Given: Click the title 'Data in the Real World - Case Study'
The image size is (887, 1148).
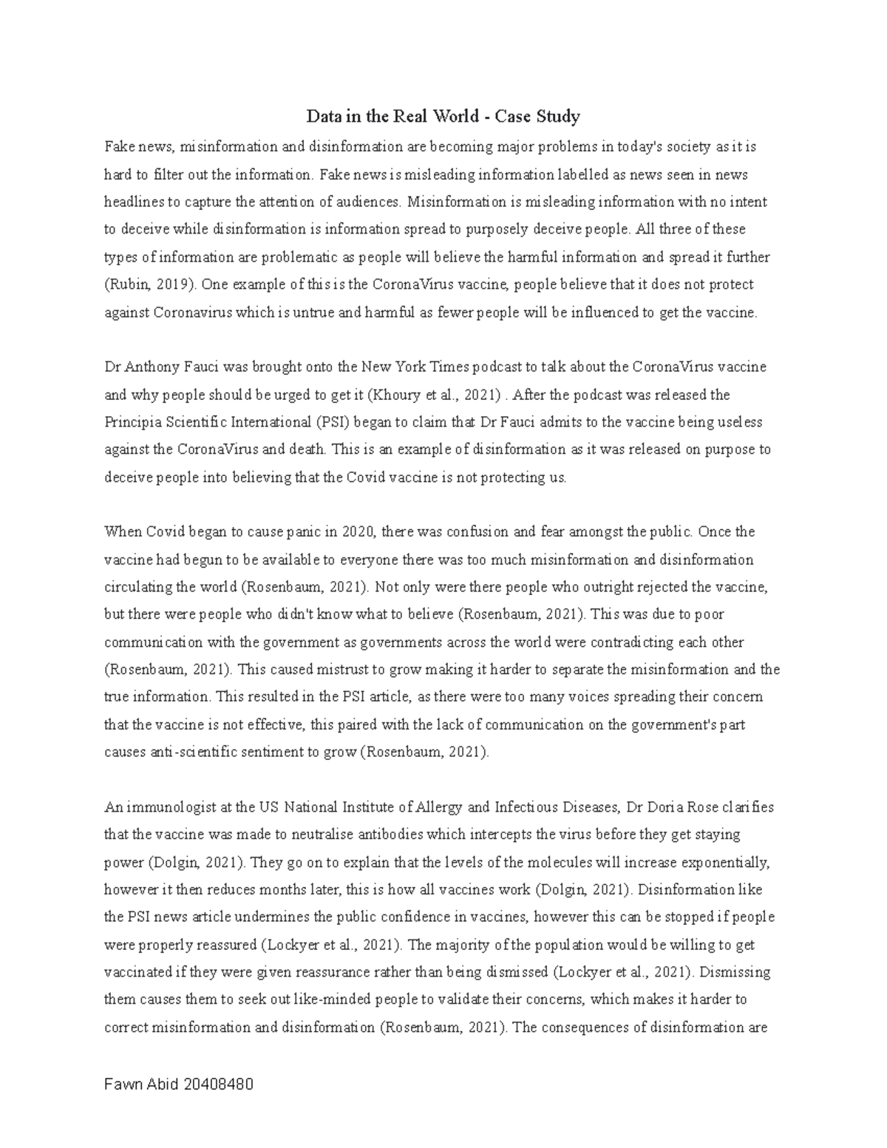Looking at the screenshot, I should click(x=443, y=116).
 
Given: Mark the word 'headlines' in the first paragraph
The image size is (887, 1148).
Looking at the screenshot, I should click(x=131, y=202).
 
